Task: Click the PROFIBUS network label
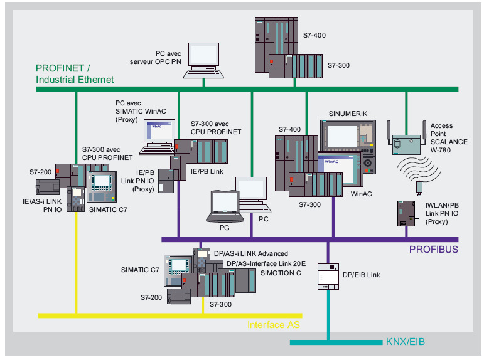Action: click(433, 249)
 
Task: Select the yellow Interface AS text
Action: click(274, 325)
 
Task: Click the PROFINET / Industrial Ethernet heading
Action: click(75, 74)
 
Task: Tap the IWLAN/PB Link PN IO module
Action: click(405, 213)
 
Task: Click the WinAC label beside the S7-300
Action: click(361, 194)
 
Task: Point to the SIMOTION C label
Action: click(281, 273)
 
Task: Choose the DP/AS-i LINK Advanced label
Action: click(250, 253)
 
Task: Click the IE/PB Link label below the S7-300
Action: click(208, 171)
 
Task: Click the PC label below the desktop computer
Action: click(264, 220)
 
